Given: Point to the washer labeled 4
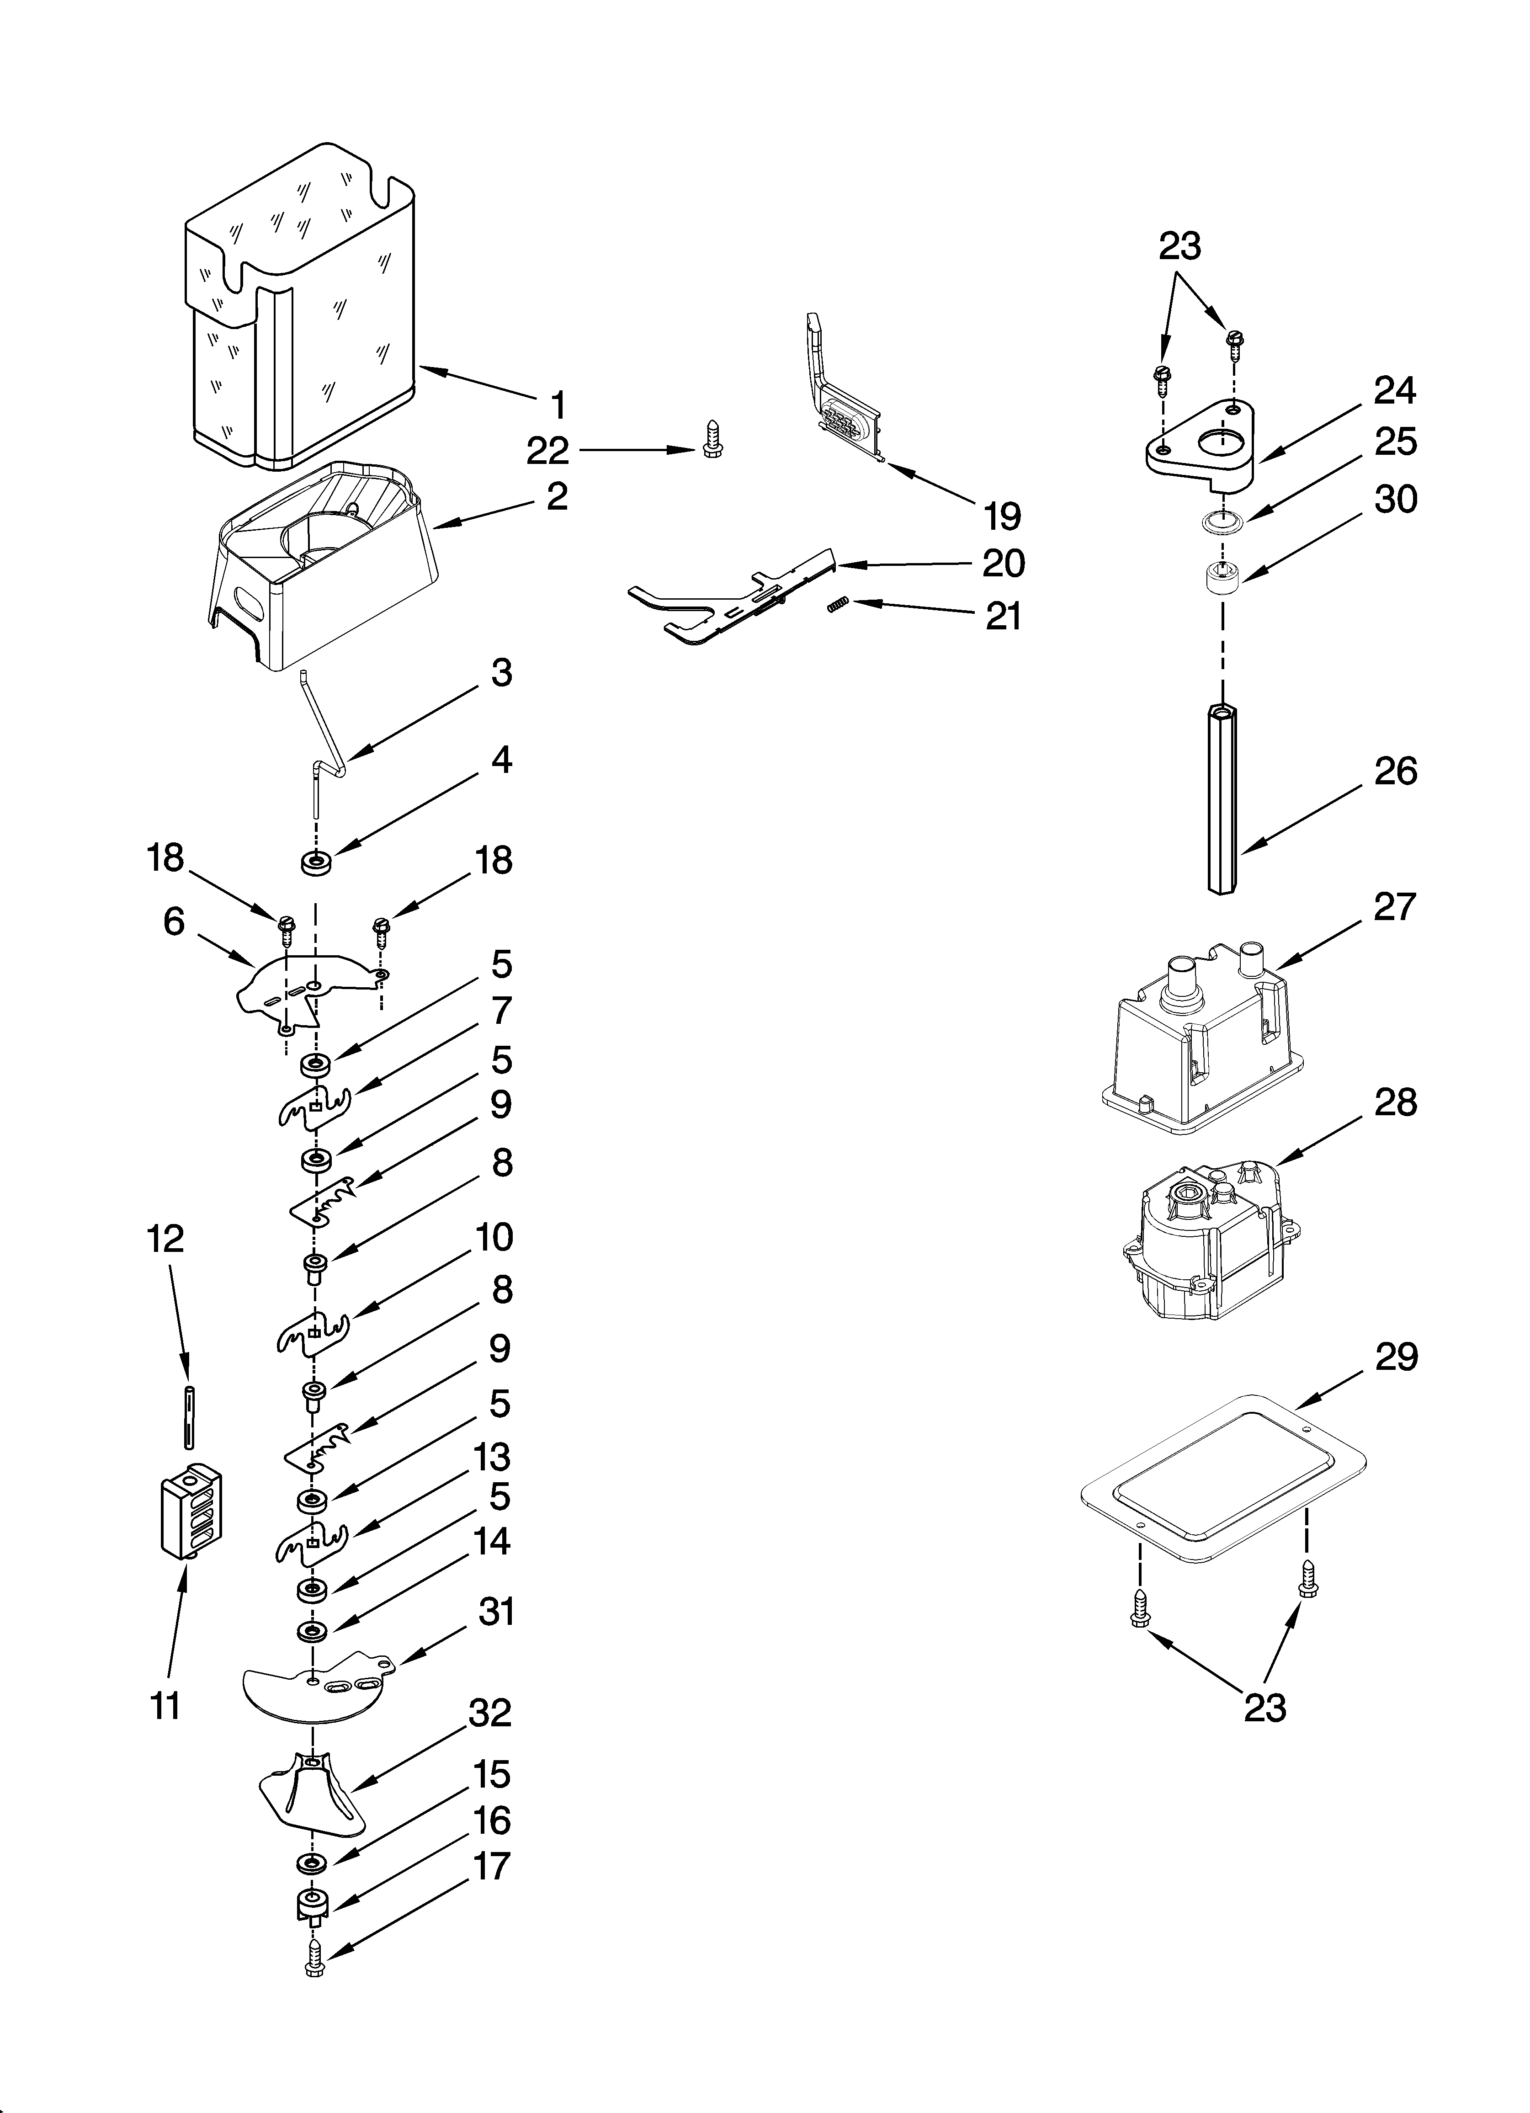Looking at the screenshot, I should [316, 862].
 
